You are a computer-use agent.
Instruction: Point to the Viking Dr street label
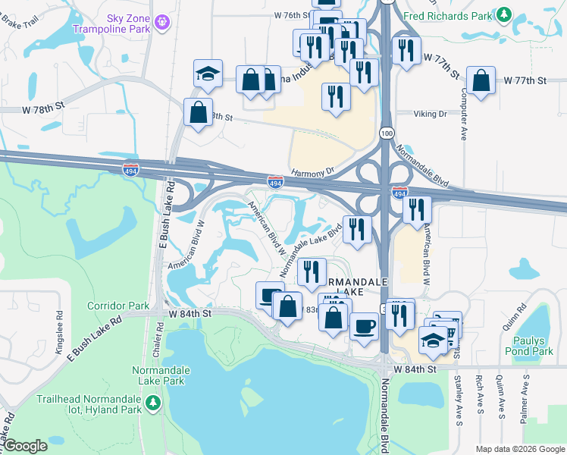click(430, 114)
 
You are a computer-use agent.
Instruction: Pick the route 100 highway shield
click(386, 133)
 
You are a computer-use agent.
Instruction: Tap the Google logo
click(24, 446)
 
